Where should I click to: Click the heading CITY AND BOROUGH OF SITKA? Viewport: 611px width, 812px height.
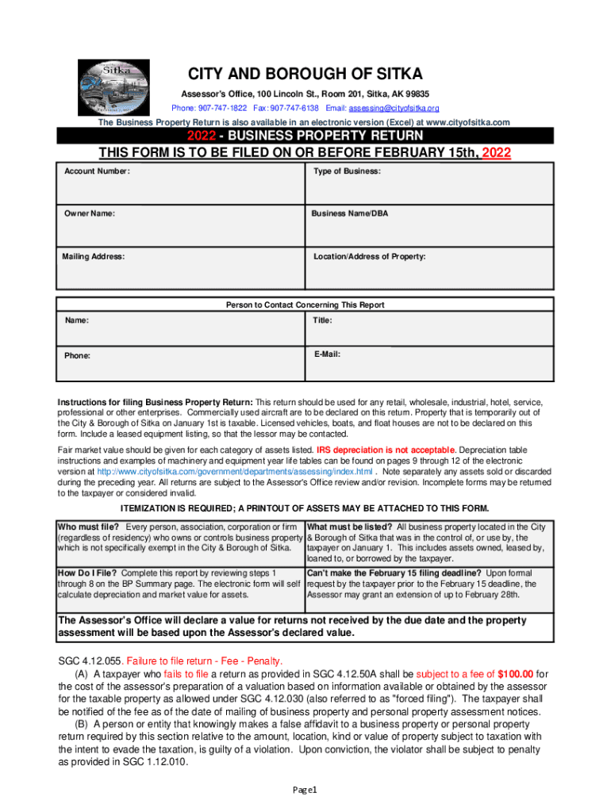coord(305,76)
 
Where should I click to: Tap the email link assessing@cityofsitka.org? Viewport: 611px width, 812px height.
coord(395,108)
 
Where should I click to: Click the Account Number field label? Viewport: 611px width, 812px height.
coord(98,171)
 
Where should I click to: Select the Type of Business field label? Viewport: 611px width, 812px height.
coord(347,171)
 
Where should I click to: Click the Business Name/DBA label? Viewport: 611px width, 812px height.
coord(350,213)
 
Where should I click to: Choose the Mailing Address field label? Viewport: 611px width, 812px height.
coord(94,257)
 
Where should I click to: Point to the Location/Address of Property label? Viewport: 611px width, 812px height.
coord(369,257)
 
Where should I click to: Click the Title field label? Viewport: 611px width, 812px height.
coord(323,320)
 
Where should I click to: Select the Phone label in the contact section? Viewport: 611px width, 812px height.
coord(77,355)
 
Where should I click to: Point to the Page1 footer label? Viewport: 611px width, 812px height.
coord(305,790)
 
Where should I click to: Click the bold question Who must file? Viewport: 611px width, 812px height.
coord(88,527)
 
